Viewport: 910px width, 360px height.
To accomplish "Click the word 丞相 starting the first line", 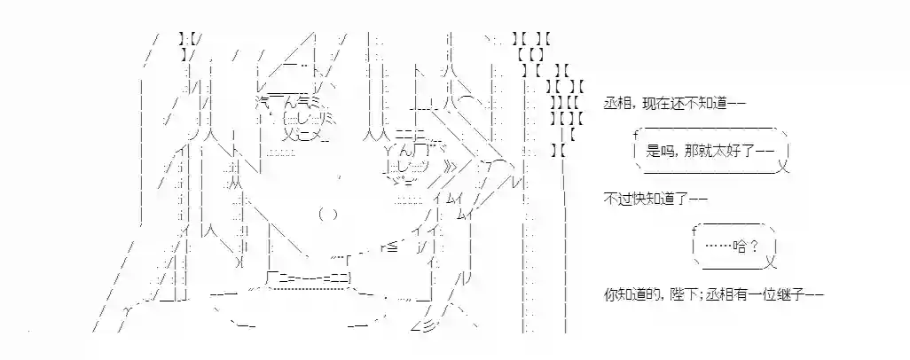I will [616, 103].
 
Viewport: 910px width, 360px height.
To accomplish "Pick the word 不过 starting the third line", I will [616, 198].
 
